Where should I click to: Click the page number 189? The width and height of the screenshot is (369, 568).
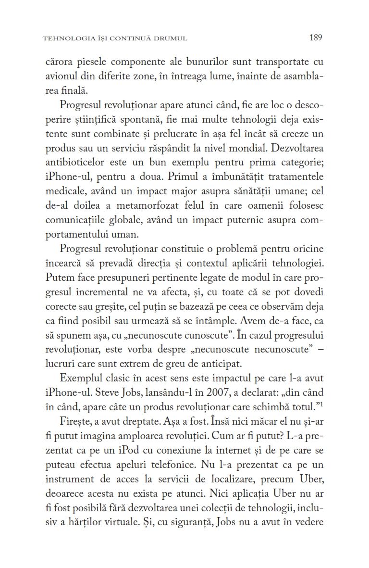point(316,37)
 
